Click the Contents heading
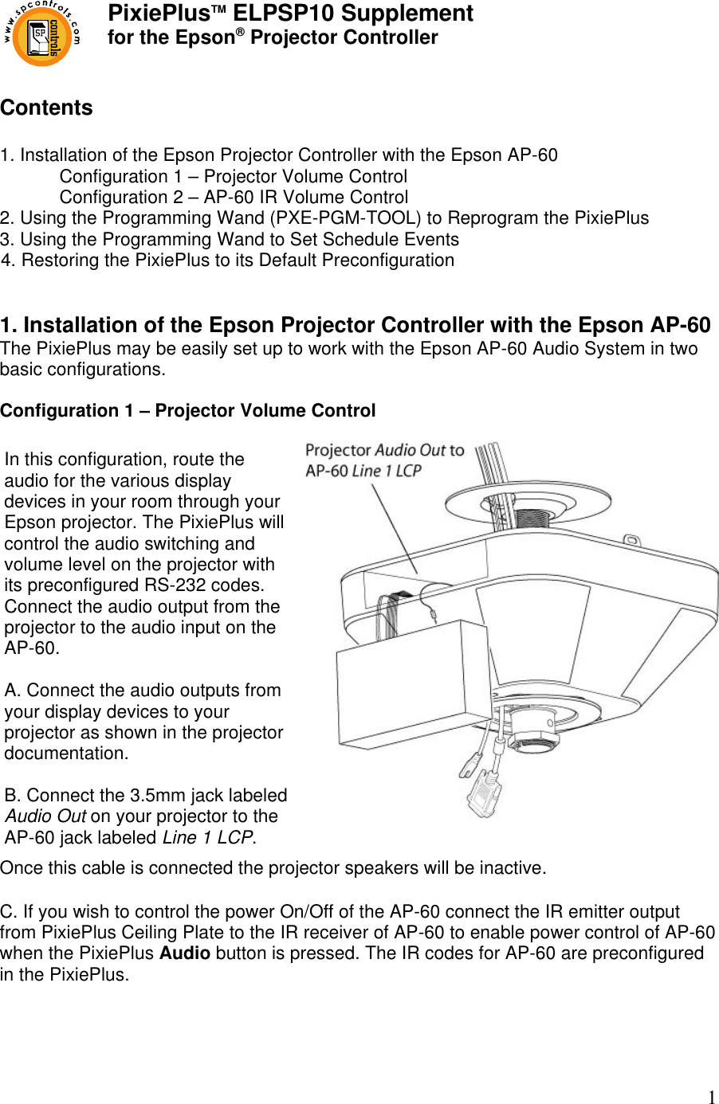point(46,108)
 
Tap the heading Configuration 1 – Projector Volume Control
point(187,411)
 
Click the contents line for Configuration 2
point(234,198)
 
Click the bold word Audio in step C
point(185,953)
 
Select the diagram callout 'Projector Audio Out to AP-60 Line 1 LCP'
point(384,460)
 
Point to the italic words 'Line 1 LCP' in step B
point(208,838)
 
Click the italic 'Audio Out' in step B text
point(45,816)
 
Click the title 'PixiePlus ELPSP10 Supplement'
point(290,14)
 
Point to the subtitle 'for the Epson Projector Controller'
point(273,37)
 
